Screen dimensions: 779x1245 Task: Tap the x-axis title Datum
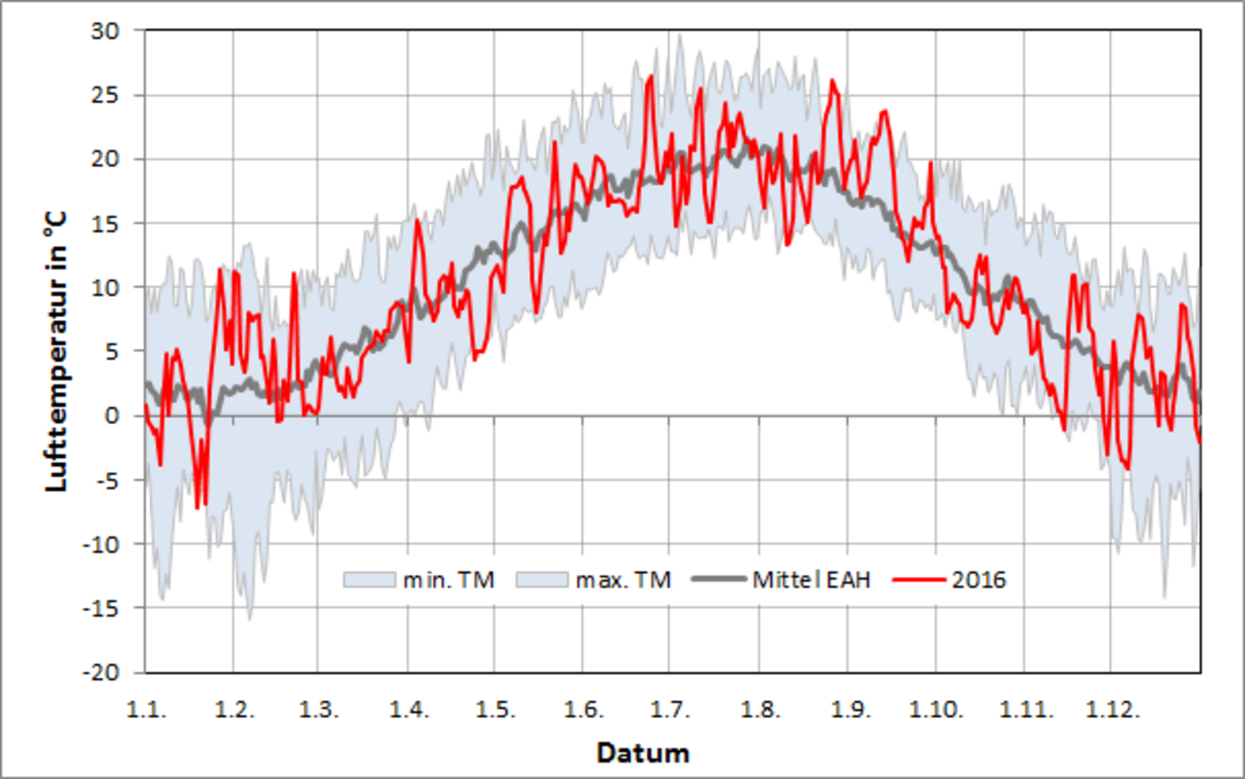click(x=643, y=753)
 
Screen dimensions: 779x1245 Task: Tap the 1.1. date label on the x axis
click(x=146, y=710)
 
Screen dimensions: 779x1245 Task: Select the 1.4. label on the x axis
click(x=409, y=710)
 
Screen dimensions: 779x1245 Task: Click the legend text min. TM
click(x=448, y=581)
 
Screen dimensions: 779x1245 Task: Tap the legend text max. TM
click(x=623, y=581)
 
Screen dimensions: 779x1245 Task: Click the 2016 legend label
click(x=978, y=581)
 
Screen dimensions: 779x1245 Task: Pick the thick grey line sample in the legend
click(x=720, y=581)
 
